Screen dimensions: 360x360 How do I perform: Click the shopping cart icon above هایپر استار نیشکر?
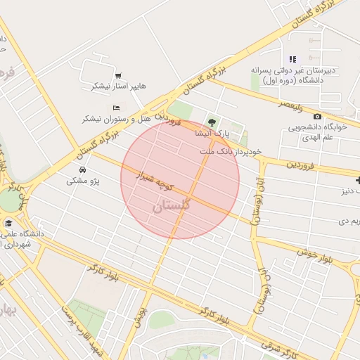[x=117, y=75]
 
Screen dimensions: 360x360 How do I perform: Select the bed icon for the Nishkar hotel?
[x=116, y=108]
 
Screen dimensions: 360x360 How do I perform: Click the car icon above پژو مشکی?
[x=82, y=170]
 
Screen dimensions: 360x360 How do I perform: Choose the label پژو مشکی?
[x=83, y=181]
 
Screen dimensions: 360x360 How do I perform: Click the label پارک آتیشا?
[x=213, y=133]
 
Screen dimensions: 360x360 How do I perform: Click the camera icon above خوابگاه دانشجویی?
[x=317, y=116]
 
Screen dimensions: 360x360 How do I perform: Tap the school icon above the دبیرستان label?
[x=292, y=59]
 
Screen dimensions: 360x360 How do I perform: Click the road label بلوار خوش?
[x=314, y=254]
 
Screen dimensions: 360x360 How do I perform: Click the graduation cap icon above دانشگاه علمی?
[x=8, y=224]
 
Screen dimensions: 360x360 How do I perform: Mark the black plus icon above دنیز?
[x=357, y=180]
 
